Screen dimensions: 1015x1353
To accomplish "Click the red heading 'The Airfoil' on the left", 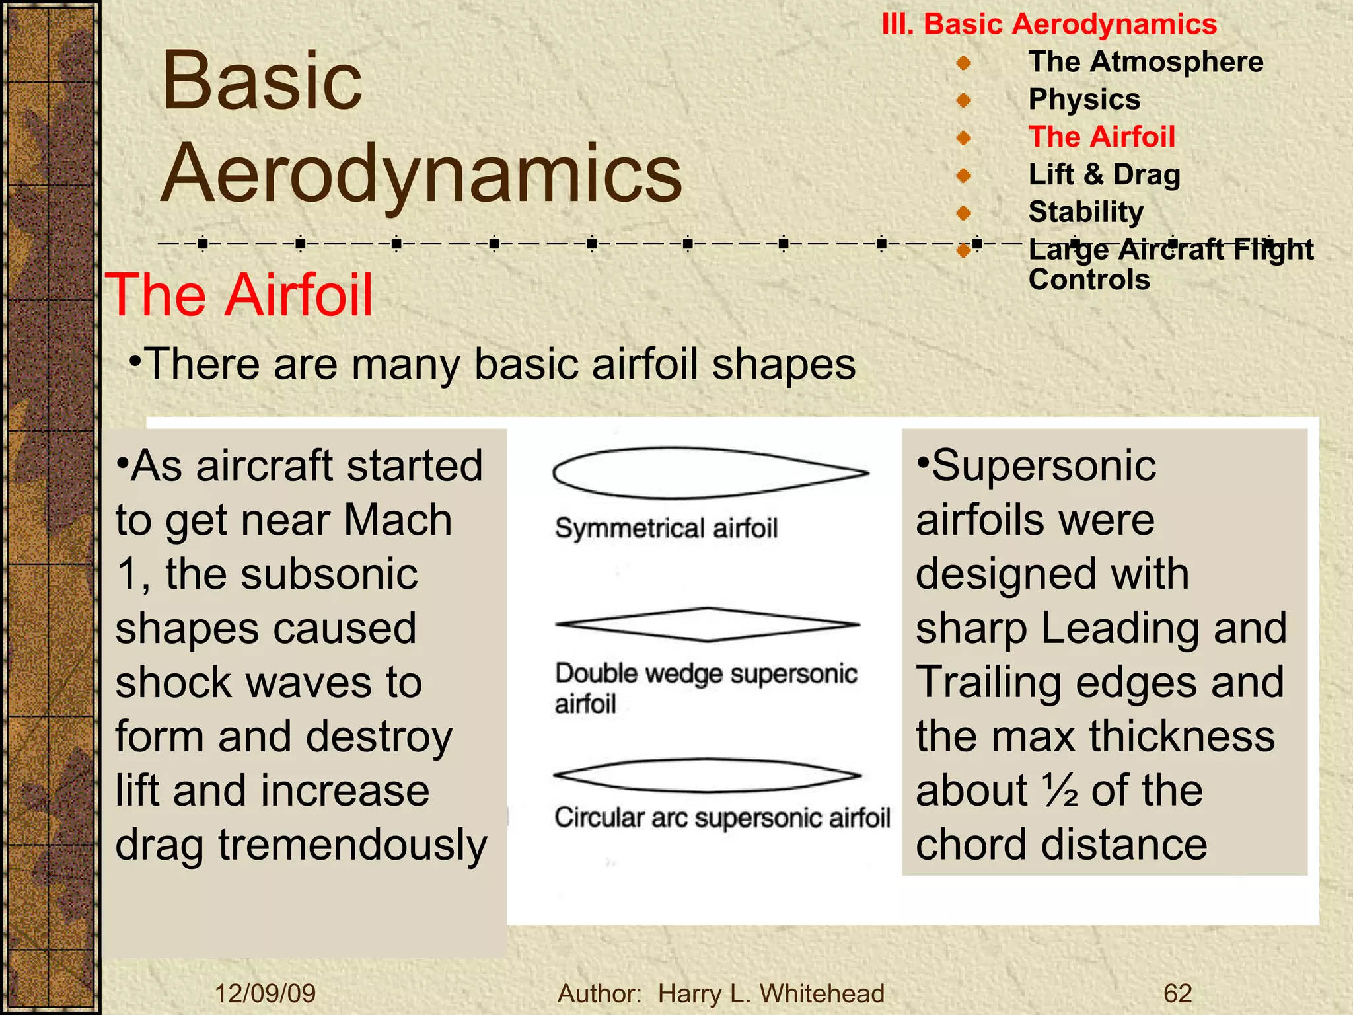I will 239,295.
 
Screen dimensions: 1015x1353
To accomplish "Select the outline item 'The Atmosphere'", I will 1146,62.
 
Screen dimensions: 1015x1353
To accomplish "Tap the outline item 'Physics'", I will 1084,100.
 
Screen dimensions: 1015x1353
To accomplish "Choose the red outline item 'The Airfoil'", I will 1101,137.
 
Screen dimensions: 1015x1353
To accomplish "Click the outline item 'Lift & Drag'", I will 1104,175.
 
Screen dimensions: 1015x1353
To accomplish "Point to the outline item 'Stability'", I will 1085,212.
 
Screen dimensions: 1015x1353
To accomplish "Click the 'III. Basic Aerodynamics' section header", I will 1049,25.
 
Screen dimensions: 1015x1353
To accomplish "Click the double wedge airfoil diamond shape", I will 708,624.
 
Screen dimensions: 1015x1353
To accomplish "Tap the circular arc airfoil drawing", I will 708,776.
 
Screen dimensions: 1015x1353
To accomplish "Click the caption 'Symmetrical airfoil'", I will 666,529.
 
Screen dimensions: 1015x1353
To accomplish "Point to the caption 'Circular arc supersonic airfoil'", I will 722,818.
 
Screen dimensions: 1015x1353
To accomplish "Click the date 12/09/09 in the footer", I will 266,994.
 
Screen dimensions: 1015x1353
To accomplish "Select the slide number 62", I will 1177,994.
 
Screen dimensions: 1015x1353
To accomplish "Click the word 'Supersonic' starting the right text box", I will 1043,466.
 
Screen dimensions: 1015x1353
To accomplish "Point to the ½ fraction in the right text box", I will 1060,790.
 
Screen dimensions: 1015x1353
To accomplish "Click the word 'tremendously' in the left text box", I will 353,845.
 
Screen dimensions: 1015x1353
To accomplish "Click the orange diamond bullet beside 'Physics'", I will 964,100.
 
